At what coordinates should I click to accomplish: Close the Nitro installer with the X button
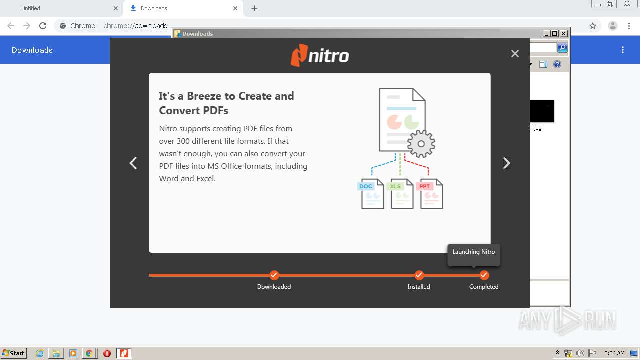click(x=515, y=54)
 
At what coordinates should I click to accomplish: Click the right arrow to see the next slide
click(x=506, y=163)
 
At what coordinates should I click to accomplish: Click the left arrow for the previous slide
click(x=133, y=163)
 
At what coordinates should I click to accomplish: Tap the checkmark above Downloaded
click(x=274, y=275)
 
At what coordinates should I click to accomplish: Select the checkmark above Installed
click(x=419, y=275)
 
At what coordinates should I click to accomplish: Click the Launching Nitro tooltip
click(x=473, y=252)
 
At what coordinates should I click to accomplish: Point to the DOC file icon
click(x=371, y=193)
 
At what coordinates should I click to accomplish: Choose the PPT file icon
click(x=430, y=193)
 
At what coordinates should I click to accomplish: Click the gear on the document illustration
click(x=421, y=144)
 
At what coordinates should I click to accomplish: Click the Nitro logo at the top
click(x=320, y=55)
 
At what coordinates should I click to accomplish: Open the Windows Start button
click(x=14, y=353)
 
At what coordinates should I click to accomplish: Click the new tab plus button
click(x=254, y=8)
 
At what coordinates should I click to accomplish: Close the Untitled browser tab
click(x=116, y=8)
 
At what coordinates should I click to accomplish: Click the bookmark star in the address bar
click(x=593, y=26)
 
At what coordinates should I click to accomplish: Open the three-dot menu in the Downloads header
click(x=623, y=50)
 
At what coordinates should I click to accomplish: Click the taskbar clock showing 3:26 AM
click(x=614, y=353)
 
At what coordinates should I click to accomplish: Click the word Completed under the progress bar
click(x=484, y=287)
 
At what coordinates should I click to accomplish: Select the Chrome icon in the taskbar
click(x=89, y=353)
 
